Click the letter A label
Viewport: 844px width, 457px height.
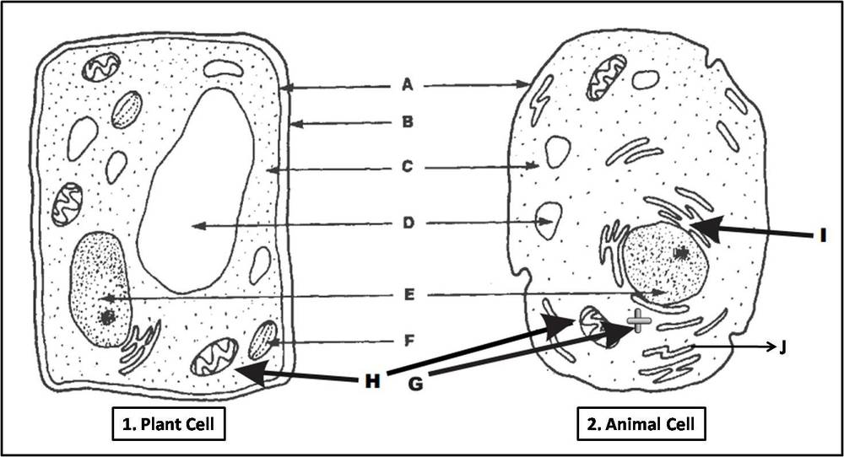(x=407, y=84)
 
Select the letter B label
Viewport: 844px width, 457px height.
(x=407, y=123)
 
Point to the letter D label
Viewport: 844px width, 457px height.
(x=407, y=224)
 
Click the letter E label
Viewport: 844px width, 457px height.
(x=407, y=295)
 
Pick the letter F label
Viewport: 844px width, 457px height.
(x=407, y=342)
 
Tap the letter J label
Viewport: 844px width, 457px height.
(x=783, y=347)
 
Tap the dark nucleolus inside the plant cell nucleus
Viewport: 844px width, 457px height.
(x=107, y=318)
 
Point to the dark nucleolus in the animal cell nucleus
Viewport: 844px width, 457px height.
(x=680, y=252)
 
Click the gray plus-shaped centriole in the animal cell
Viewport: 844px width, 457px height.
(x=639, y=320)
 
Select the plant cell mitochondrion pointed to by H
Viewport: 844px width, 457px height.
(x=210, y=358)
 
